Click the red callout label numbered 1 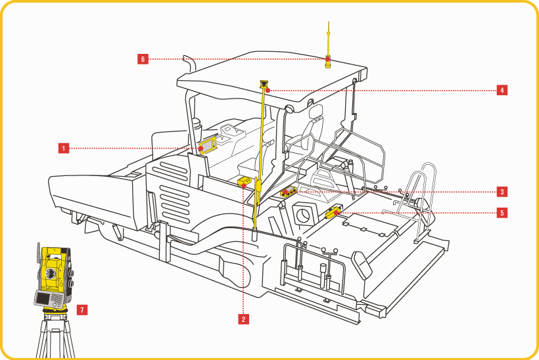[x=64, y=148]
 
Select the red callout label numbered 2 [x=243, y=319]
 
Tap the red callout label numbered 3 [x=502, y=192]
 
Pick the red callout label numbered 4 [x=502, y=90]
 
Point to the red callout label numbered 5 [x=502, y=213]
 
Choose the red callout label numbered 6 [x=143, y=59]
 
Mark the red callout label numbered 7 [x=82, y=309]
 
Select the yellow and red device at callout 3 [x=288, y=192]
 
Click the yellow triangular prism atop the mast [x=264, y=85]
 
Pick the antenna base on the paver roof [x=327, y=62]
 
